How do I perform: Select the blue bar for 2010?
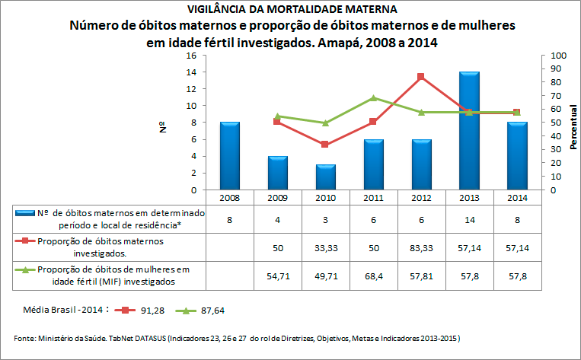tap(325, 177)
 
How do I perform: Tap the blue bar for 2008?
tap(229, 156)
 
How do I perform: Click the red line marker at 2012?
tap(421, 76)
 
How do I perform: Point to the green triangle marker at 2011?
tap(373, 97)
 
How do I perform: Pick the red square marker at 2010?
tap(325, 145)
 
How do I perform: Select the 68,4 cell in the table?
tap(373, 276)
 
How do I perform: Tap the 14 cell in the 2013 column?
tap(469, 219)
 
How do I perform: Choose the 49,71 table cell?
tap(325, 276)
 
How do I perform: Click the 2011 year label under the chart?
tap(373, 197)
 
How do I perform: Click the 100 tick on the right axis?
tap(558, 56)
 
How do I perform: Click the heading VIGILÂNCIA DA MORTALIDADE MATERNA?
tap(292, 9)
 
